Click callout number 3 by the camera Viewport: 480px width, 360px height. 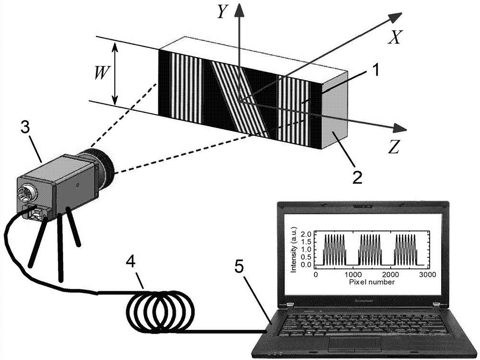click(x=24, y=129)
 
